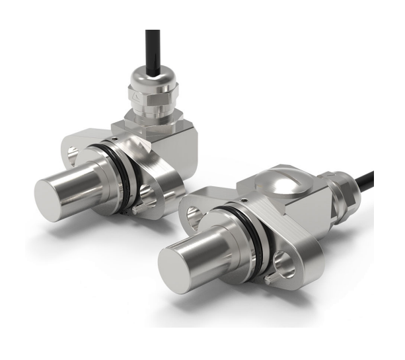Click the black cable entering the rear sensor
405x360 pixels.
[153, 46]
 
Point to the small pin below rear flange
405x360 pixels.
[135, 210]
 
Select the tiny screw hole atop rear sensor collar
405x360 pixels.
[116, 136]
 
